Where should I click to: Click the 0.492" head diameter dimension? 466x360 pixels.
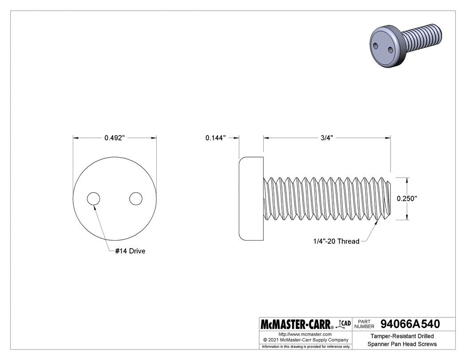(x=114, y=138)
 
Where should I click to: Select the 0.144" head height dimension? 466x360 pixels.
(x=216, y=138)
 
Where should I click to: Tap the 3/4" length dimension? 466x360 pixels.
(x=327, y=138)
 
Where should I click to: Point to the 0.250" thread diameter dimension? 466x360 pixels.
(x=407, y=199)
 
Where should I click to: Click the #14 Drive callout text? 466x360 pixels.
(x=130, y=251)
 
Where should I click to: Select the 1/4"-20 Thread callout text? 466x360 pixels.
(x=336, y=241)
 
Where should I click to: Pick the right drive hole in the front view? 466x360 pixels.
(x=136, y=199)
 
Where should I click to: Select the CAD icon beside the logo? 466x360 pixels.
(x=345, y=324)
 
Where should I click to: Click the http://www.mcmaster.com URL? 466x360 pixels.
(x=305, y=334)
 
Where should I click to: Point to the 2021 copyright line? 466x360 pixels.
(x=305, y=340)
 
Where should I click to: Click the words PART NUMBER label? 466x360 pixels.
(x=364, y=324)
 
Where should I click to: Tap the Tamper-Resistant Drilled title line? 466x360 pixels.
(x=402, y=336)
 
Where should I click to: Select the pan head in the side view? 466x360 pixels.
(x=251, y=198)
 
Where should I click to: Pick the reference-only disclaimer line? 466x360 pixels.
(x=306, y=346)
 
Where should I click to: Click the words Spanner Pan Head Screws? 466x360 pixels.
(x=402, y=344)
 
